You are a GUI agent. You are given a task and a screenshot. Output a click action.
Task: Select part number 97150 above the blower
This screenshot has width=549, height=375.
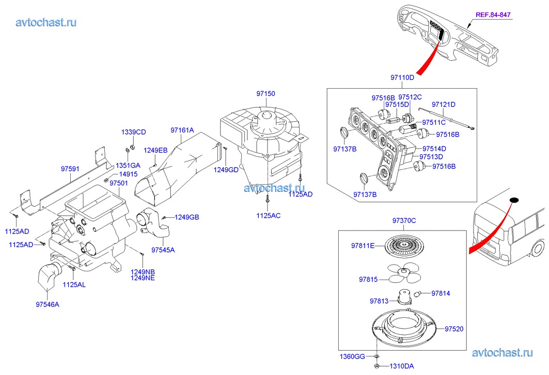click(265, 94)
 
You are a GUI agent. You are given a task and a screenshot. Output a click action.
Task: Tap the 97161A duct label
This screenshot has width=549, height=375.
click(182, 130)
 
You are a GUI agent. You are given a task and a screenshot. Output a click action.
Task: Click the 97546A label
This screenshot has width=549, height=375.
click(48, 304)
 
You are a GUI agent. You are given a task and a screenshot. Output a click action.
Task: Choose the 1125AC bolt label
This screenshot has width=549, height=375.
click(269, 215)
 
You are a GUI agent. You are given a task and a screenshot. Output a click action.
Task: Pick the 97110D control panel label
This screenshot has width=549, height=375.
click(402, 77)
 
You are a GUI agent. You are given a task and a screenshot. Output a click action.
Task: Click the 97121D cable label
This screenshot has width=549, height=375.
click(444, 104)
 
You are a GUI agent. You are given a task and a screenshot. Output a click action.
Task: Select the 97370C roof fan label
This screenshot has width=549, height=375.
click(404, 221)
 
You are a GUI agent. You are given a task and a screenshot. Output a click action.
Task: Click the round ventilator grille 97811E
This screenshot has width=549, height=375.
click(403, 246)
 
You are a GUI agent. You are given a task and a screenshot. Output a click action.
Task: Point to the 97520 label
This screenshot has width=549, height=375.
click(454, 328)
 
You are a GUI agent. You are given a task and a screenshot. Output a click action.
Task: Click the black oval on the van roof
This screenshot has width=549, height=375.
click(513, 200)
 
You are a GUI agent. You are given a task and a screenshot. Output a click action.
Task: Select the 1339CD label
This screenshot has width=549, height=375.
click(133, 133)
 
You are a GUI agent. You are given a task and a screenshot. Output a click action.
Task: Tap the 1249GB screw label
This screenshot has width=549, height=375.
click(186, 217)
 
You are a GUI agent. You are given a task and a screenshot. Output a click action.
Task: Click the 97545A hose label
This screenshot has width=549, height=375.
click(163, 250)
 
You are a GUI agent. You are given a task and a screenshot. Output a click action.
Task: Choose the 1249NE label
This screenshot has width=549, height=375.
click(143, 278)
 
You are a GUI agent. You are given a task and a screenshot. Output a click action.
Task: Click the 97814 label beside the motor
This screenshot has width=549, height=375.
click(441, 294)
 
